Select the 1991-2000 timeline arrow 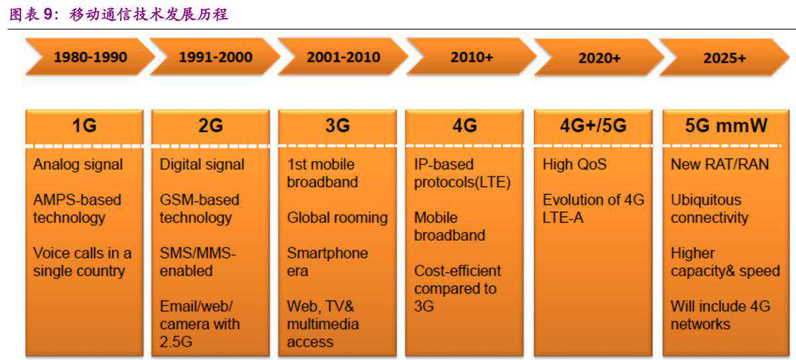pyautogui.click(x=216, y=57)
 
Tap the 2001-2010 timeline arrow pyautogui.click(x=343, y=57)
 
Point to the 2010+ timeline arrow pyautogui.click(x=472, y=57)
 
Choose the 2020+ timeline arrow pyautogui.click(x=599, y=58)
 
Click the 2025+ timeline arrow pyautogui.click(x=724, y=58)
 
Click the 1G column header pyautogui.click(x=84, y=126)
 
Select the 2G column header pyautogui.click(x=210, y=126)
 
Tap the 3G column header pyautogui.click(x=337, y=126)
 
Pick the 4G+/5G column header pyautogui.click(x=592, y=126)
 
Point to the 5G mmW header pyautogui.click(x=723, y=126)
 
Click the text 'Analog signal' pyautogui.click(x=78, y=164)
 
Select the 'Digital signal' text pyautogui.click(x=202, y=164)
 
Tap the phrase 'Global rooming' pyautogui.click(x=337, y=217)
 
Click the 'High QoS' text pyautogui.click(x=574, y=164)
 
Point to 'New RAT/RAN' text pyautogui.click(x=720, y=164)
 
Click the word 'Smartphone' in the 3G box pyautogui.click(x=327, y=253)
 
